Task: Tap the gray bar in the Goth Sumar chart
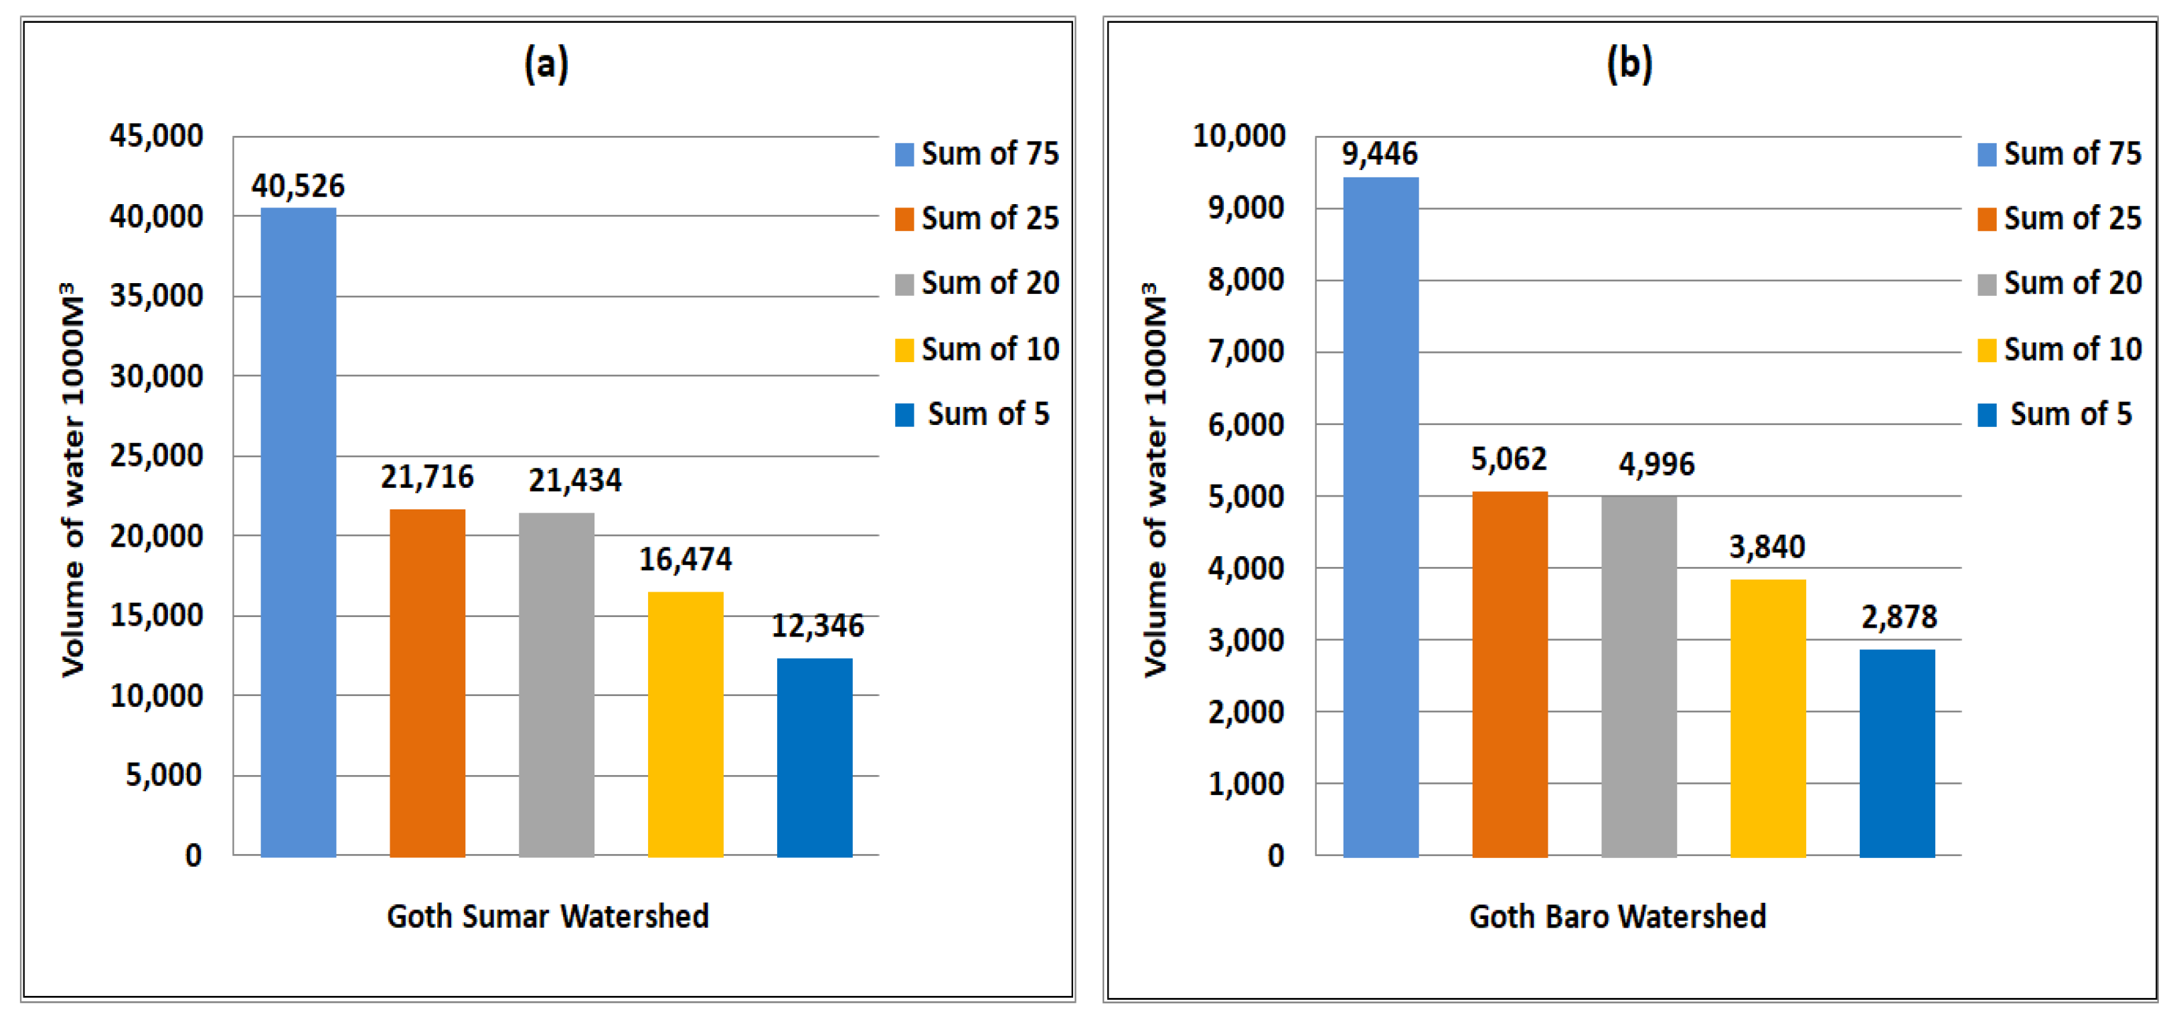point(556,685)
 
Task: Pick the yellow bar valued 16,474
point(686,724)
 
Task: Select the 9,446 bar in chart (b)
point(1380,517)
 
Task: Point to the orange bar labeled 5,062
point(1510,675)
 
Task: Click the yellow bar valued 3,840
point(1768,718)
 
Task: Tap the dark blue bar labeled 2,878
point(1897,753)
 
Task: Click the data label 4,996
point(1656,464)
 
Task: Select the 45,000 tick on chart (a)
point(157,136)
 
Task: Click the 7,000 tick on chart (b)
point(1246,351)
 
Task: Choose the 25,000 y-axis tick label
point(157,456)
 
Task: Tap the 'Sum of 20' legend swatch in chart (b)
point(1987,284)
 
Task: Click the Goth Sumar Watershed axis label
point(548,916)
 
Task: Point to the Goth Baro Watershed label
point(1617,916)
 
